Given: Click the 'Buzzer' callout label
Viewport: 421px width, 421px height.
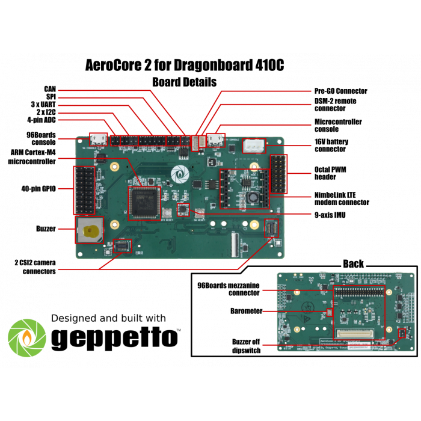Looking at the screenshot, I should [x=46, y=229].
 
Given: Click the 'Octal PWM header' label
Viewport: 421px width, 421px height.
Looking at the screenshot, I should [x=331, y=173].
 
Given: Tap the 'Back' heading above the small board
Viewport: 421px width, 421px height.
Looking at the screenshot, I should [x=353, y=264].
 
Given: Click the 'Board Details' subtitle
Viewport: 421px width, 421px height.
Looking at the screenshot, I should [x=184, y=82].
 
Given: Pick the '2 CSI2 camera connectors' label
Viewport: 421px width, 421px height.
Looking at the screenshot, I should [x=35, y=267].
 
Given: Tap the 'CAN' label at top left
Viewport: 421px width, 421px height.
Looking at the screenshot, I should [x=50, y=89].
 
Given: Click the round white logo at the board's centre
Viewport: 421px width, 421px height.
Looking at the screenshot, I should [x=179, y=173].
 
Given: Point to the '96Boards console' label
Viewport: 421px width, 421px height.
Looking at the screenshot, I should [x=41, y=138].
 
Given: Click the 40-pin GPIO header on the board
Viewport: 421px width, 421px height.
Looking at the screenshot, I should [x=84, y=190].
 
